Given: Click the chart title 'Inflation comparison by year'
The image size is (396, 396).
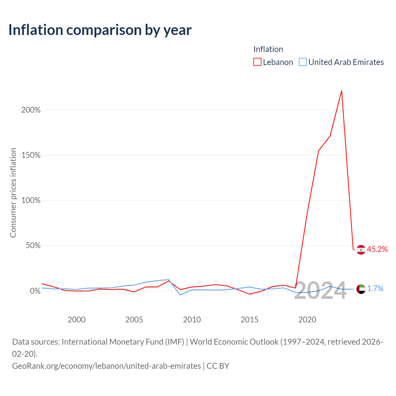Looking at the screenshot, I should (x=100, y=30).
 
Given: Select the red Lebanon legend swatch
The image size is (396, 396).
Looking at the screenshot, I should (x=257, y=62).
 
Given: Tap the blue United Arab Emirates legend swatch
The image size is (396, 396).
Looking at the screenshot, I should (x=303, y=62).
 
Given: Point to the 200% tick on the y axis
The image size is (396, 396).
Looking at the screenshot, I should (x=31, y=110).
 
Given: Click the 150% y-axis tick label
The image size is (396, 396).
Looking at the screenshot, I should (x=31, y=155).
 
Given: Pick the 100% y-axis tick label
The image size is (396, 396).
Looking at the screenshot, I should (x=31, y=200).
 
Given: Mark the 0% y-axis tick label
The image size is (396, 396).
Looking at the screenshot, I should (x=35, y=291).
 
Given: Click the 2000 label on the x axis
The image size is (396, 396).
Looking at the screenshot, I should (x=76, y=320).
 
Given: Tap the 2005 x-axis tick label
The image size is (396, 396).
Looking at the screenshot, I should (x=134, y=320).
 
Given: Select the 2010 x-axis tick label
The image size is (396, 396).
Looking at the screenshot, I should (x=192, y=320).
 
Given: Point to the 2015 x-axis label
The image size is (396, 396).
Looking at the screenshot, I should (x=249, y=320).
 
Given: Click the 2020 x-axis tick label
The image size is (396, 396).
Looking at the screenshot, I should (x=307, y=320).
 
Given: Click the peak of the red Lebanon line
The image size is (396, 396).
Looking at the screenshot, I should (x=342, y=91).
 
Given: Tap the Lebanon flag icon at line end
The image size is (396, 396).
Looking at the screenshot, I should (x=361, y=250).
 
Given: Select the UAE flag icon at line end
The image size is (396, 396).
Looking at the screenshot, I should (x=361, y=289).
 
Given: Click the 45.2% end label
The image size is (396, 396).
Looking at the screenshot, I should (x=377, y=249).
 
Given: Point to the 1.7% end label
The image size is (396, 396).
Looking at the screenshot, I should (x=375, y=289).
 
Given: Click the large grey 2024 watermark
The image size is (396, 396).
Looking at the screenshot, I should (x=320, y=291).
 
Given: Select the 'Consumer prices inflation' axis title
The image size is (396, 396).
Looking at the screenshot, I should (x=13, y=193).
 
